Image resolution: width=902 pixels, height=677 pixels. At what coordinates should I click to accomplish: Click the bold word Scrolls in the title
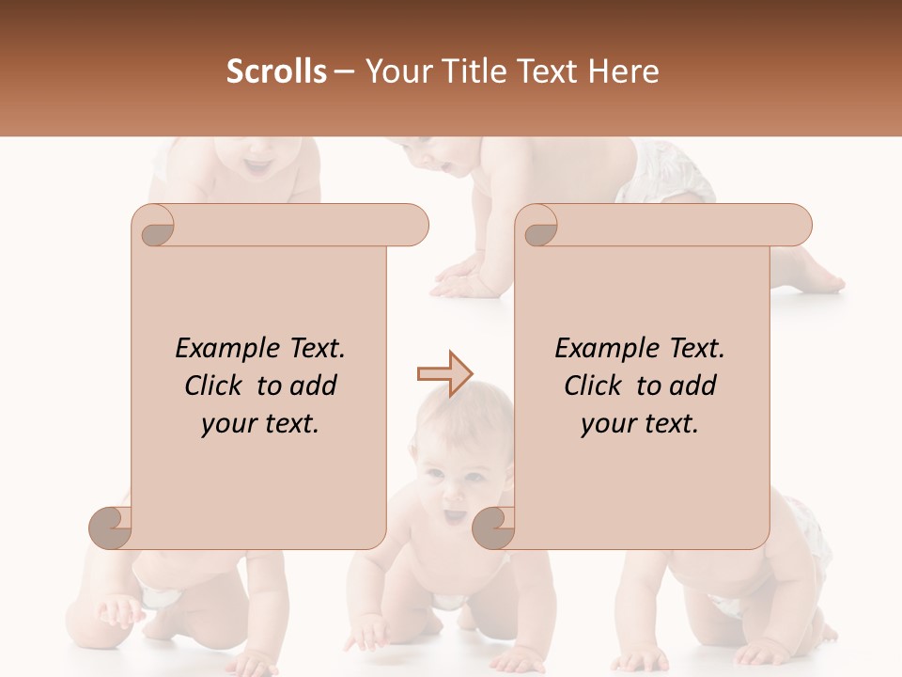coord(276,71)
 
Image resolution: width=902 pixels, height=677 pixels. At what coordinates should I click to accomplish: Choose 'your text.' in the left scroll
coord(260,424)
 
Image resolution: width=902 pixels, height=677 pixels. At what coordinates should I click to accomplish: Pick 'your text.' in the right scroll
coord(640,424)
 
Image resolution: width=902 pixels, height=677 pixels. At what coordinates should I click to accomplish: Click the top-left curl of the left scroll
coord(154,227)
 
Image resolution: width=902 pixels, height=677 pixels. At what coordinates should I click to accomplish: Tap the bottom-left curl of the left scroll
coord(111,528)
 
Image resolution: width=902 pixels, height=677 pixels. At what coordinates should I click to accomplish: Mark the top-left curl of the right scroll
coord(538,227)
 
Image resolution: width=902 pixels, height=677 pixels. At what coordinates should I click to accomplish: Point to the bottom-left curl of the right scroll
coord(493,528)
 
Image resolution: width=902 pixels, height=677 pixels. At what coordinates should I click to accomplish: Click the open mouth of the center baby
coord(454,515)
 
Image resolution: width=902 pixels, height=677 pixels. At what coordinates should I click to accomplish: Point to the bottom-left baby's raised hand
coord(117,611)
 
